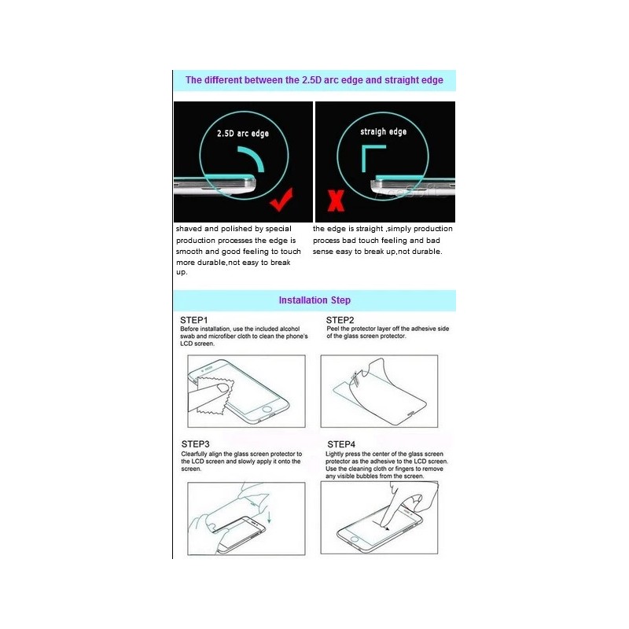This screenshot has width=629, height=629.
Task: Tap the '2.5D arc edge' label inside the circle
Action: [243, 134]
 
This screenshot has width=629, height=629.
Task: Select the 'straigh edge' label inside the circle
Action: [383, 131]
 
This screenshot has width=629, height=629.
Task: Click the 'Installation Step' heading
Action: [314, 300]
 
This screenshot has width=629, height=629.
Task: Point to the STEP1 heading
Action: [193, 320]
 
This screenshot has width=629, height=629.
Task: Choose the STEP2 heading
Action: [340, 320]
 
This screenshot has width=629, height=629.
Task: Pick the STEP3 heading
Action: [194, 444]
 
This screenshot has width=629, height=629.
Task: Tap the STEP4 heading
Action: [341, 444]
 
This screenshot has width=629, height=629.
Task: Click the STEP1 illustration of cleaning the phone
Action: [245, 391]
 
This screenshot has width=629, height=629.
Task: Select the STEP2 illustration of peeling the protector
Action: [378, 391]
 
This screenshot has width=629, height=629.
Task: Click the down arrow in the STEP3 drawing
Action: [269, 517]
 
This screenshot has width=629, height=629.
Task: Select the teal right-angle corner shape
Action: [368, 161]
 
